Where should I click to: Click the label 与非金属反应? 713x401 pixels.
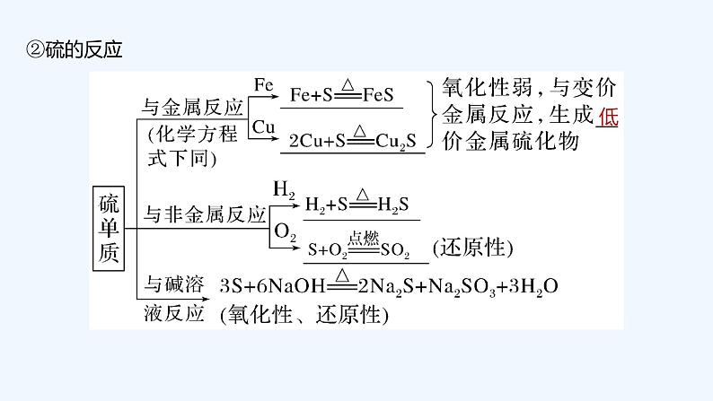coord(206,215)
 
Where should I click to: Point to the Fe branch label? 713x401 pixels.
coord(262,85)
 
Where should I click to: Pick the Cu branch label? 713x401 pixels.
coord(263,128)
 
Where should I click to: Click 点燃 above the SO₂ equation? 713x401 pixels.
coord(366,237)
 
